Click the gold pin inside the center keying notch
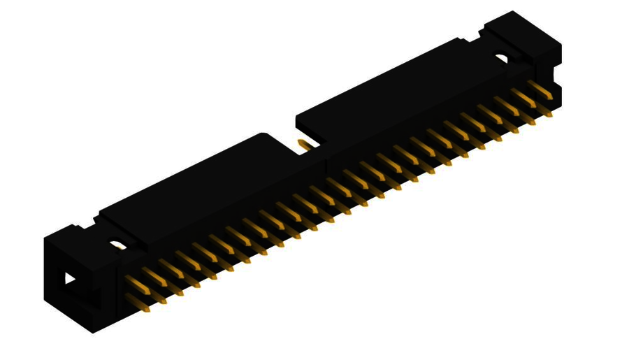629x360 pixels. tap(305, 145)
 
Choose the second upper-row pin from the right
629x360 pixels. tap(523, 96)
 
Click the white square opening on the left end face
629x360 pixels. tap(70, 278)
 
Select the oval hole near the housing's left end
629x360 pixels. tap(117, 245)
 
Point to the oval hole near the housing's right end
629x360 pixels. tap(503, 59)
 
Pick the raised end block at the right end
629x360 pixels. tap(524, 35)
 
